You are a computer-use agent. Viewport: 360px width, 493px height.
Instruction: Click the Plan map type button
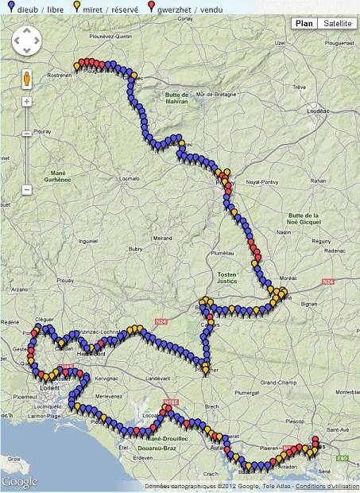click(304, 23)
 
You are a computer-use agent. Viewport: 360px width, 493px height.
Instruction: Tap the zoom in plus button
click(26, 102)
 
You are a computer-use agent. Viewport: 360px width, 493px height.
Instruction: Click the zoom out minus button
click(26, 190)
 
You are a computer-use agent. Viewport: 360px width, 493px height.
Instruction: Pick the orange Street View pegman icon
click(26, 79)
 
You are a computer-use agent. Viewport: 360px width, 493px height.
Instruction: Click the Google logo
click(20, 481)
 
